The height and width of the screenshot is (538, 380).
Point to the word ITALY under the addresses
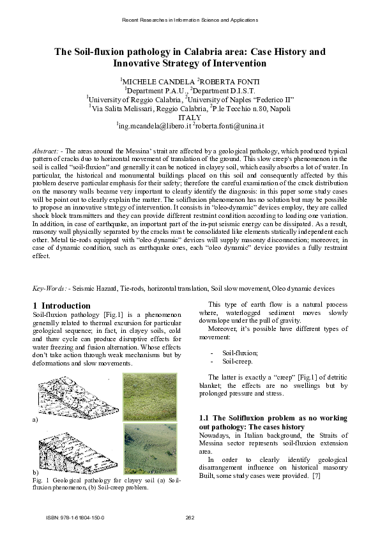click(x=190, y=118)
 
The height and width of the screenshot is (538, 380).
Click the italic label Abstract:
click(x=47, y=150)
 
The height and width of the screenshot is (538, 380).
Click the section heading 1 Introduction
click(x=61, y=305)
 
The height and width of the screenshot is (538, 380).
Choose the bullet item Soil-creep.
click(x=237, y=362)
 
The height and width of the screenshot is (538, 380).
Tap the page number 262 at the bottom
click(x=189, y=517)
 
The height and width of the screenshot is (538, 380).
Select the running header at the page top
click(x=190, y=20)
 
